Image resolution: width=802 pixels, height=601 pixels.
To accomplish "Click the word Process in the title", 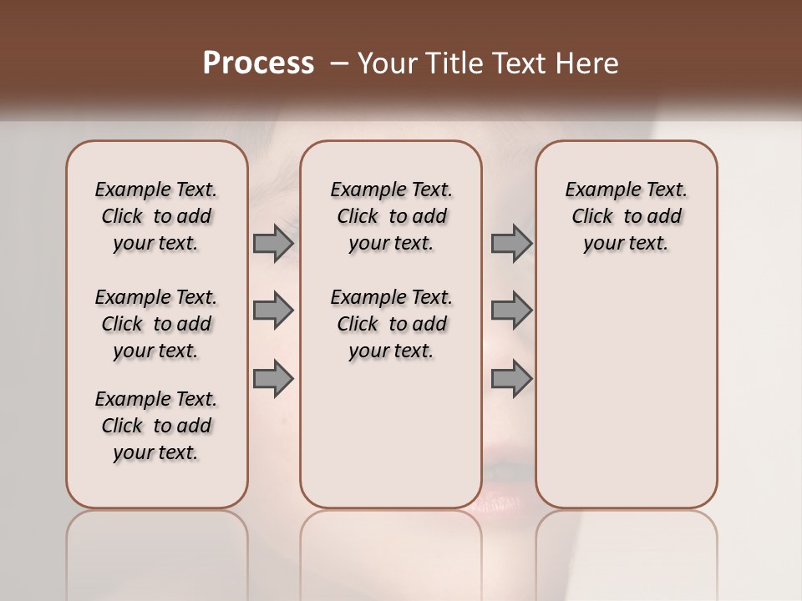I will [258, 63].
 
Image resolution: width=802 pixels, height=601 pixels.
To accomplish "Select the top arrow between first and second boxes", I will [273, 243].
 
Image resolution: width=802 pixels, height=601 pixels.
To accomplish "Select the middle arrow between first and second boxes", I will [273, 311].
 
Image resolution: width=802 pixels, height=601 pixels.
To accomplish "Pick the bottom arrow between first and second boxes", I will [273, 378].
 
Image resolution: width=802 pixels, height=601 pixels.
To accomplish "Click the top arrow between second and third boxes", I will [511, 243].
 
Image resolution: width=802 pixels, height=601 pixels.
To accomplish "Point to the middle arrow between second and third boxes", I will [511, 311].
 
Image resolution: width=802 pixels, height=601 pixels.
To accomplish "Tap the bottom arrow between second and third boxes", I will [511, 378].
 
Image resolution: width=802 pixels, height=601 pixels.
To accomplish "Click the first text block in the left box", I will [156, 216].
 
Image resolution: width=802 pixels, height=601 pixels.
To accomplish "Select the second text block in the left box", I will [156, 324].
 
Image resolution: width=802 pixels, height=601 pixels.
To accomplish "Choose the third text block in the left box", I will [156, 426].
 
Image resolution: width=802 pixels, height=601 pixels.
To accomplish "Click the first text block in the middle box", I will [392, 216].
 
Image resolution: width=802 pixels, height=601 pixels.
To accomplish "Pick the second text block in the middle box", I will [392, 324].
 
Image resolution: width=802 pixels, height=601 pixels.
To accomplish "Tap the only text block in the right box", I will [627, 216].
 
